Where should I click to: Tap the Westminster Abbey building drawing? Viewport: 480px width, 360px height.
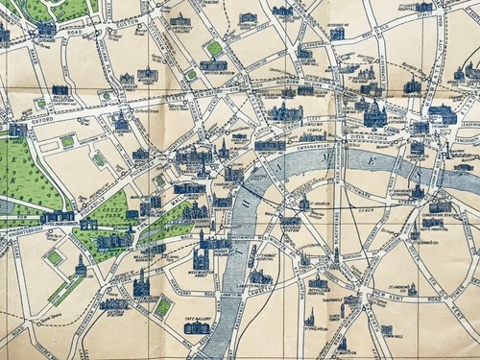point(201,256)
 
